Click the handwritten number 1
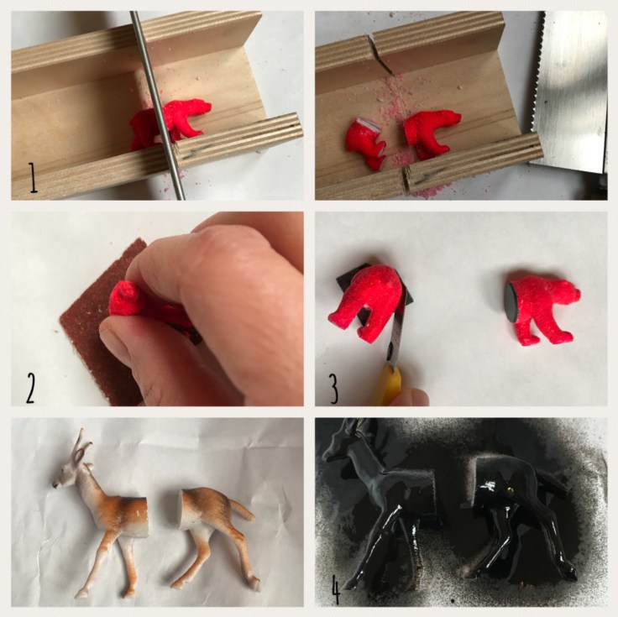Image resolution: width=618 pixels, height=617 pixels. [33, 179]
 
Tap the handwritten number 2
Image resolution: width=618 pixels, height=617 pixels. [31, 388]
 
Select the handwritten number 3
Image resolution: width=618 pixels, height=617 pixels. [333, 388]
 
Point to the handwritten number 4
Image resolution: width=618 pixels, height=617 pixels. [335, 590]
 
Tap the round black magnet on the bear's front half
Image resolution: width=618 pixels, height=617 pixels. [511, 301]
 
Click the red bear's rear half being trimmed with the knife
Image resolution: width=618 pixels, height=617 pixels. [364, 303]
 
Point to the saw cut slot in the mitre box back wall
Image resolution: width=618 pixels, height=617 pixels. [380, 55]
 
